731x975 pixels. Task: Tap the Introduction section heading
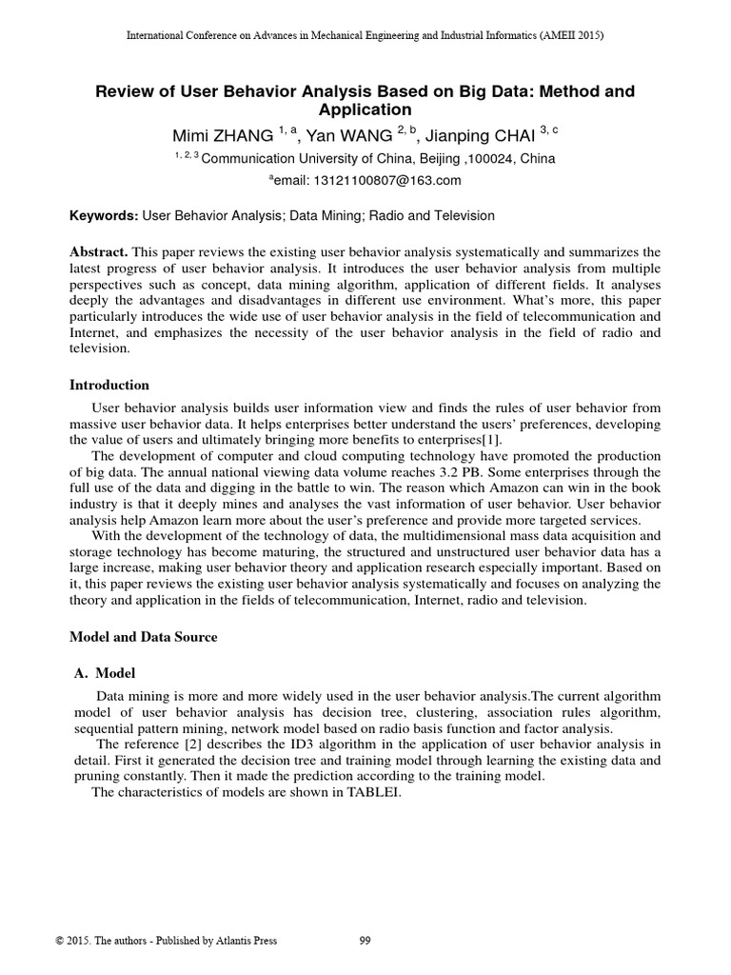[109, 386]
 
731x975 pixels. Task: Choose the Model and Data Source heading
[144, 637]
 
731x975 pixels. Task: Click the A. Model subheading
[106, 673]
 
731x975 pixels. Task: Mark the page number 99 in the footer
[365, 942]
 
